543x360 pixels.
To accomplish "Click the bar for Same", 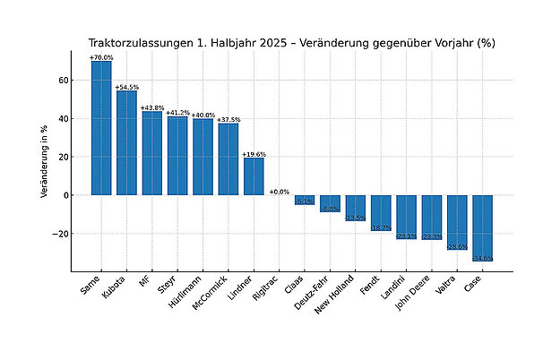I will coord(101,127).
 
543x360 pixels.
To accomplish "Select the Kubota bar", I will coord(126,142).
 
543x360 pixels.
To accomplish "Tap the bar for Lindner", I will coord(254,176).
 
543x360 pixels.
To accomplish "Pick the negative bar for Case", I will coord(482,227).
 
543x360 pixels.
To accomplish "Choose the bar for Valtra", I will coord(457,221).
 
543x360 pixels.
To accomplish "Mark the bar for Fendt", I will coord(381,212).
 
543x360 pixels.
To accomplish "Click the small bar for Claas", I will coord(305,200).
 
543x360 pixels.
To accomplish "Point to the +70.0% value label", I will coord(101,57).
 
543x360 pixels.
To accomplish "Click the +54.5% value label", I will coord(126,87).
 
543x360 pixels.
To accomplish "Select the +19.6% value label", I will coord(254,154).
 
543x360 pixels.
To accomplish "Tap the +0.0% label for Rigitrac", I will coord(280,191).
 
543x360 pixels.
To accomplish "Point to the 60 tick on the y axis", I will coord(64,80).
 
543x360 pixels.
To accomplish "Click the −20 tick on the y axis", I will coord(61,234).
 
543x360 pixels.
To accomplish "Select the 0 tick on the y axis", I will coord(65,195).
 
